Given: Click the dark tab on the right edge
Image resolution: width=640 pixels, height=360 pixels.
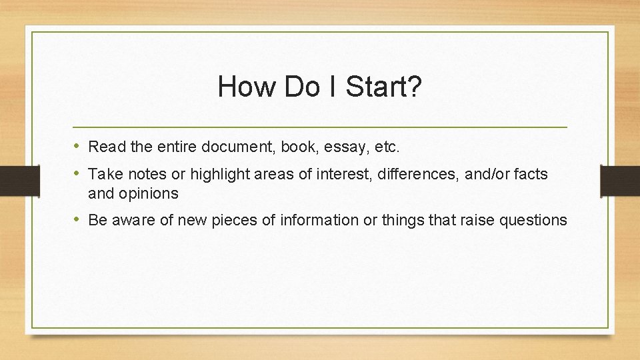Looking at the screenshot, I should tap(620, 179).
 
